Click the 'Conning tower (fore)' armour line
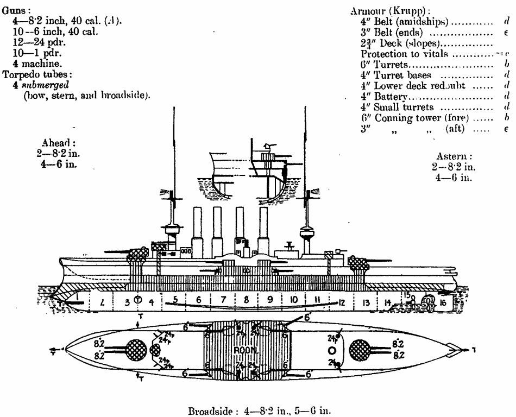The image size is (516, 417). click(x=416, y=118)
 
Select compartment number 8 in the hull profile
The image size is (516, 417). click(x=247, y=299)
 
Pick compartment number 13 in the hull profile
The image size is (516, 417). click(x=367, y=302)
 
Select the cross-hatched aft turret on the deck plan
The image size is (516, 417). click(x=362, y=349)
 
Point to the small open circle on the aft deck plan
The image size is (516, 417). click(x=332, y=350)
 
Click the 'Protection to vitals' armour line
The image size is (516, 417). click(x=405, y=54)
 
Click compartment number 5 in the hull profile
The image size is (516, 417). click(x=175, y=299)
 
